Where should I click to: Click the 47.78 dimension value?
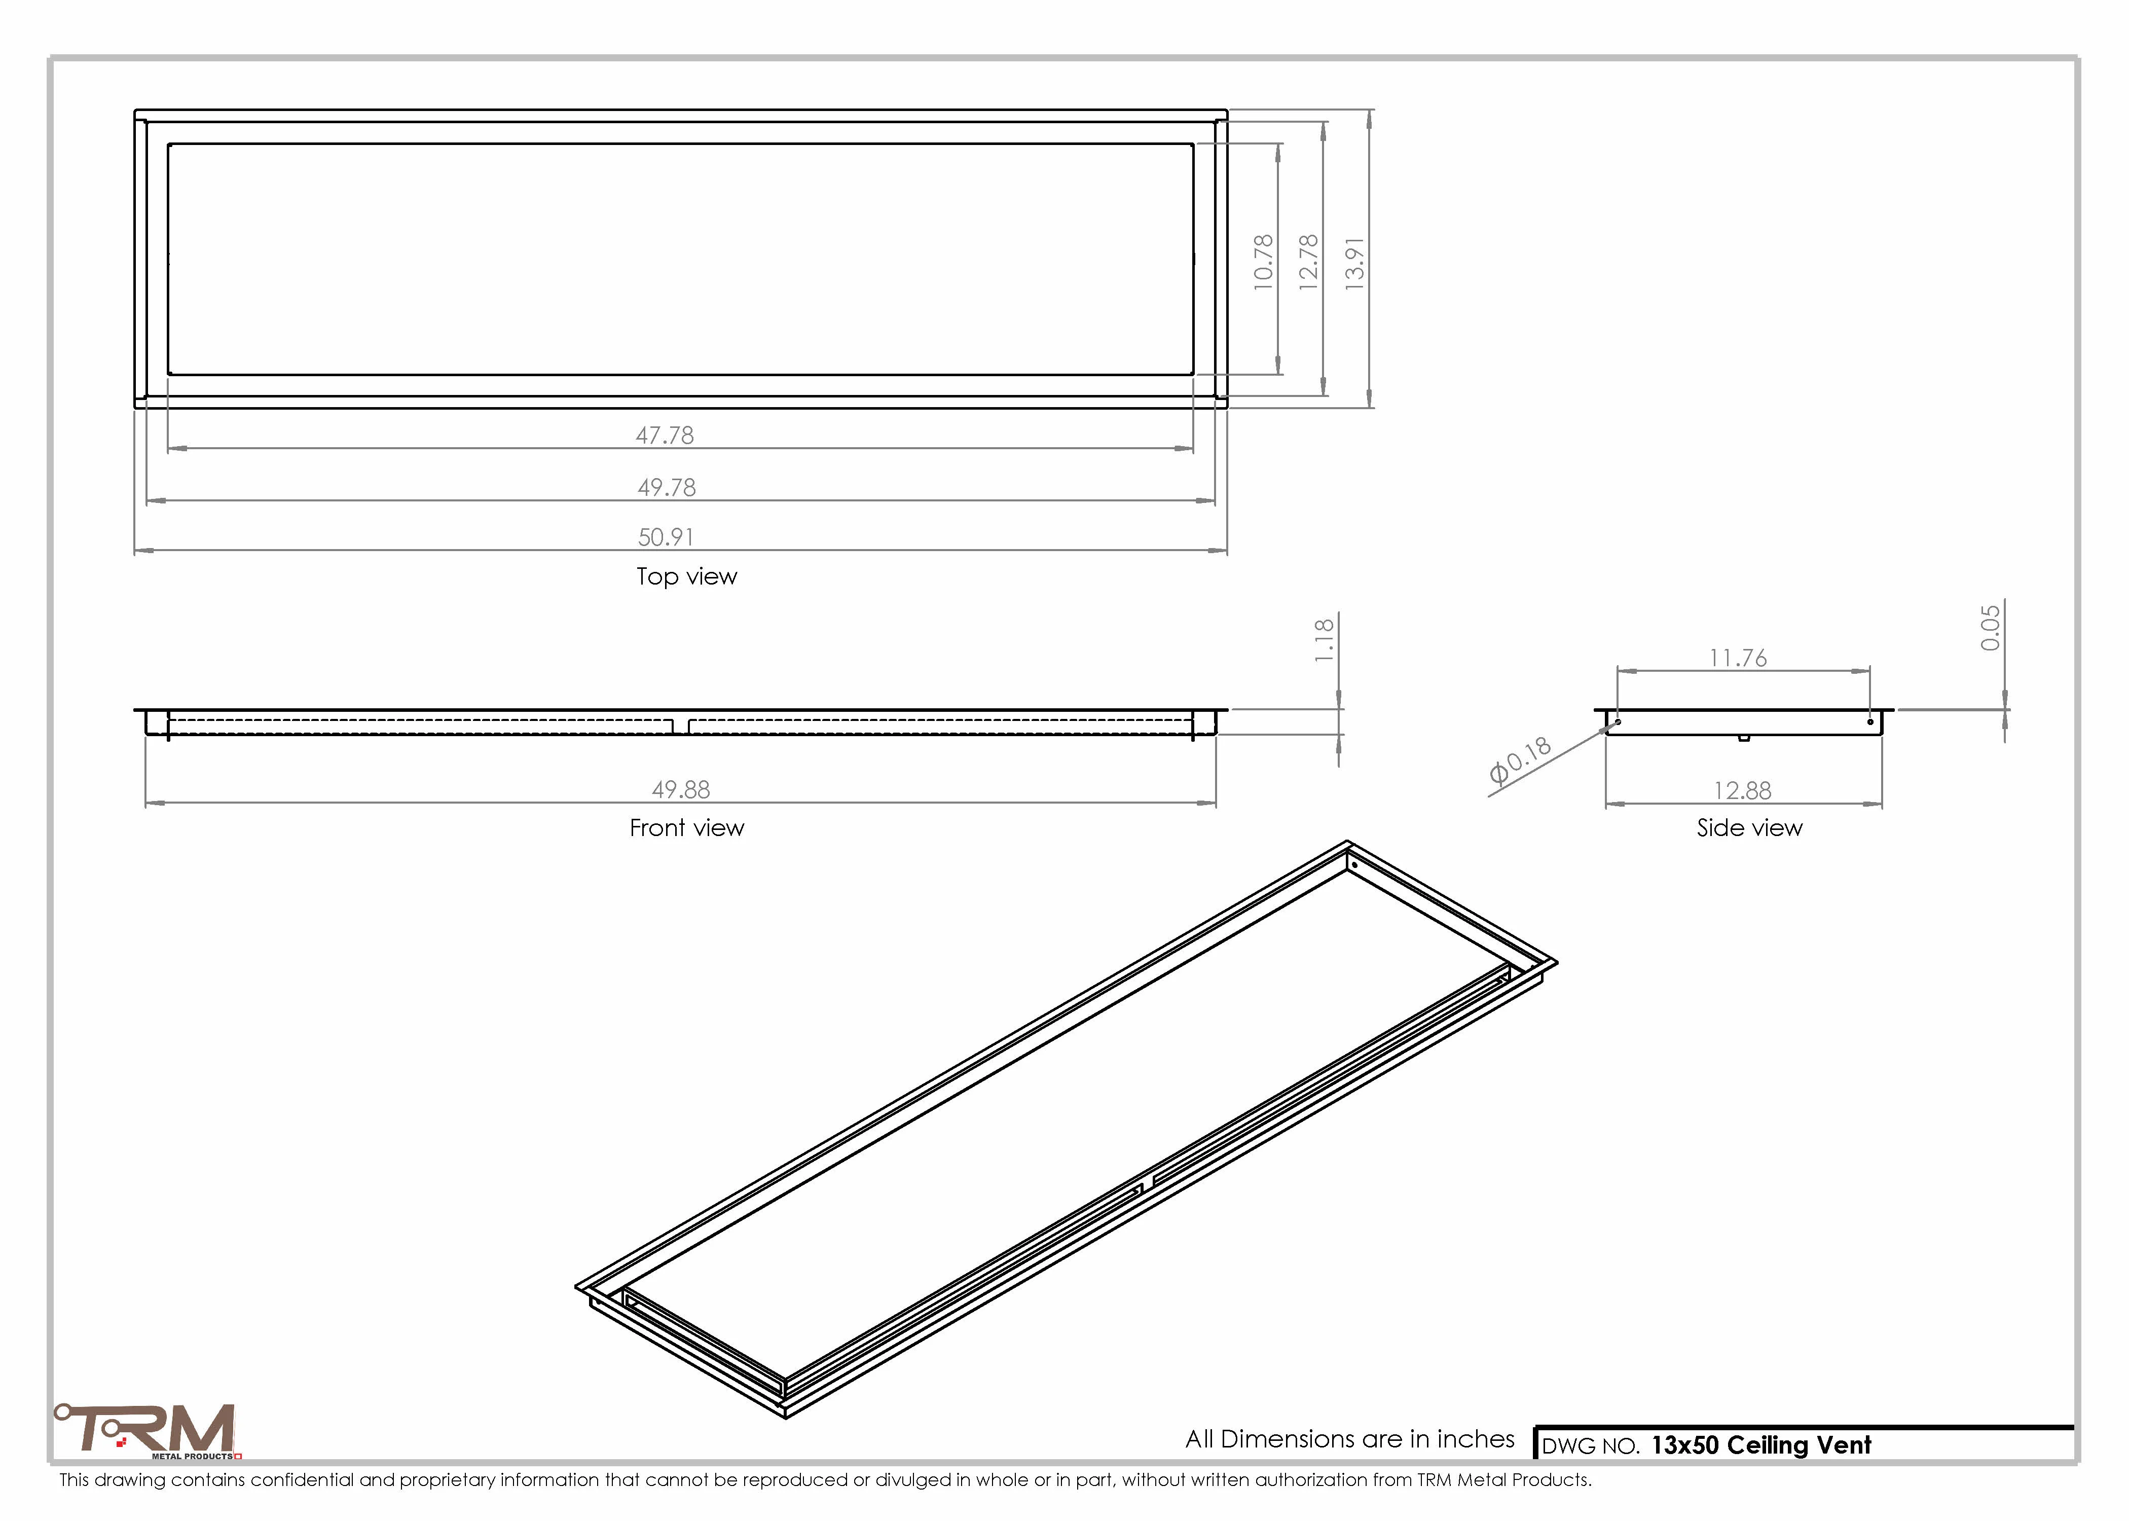(665, 436)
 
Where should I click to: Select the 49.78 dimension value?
(667, 488)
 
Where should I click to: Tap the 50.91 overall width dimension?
(666, 537)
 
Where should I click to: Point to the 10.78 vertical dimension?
(1264, 262)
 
